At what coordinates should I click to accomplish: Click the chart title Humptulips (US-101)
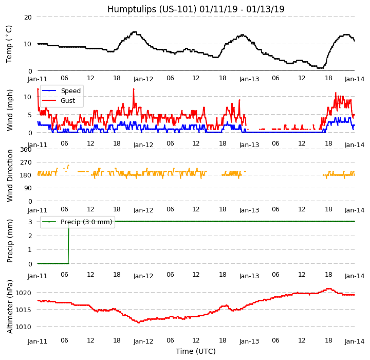196,9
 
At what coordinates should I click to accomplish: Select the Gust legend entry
70,100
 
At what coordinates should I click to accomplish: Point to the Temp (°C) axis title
9,44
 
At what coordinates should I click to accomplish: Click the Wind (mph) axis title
10,110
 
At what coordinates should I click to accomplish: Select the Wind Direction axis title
10,175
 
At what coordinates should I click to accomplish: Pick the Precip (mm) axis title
10,240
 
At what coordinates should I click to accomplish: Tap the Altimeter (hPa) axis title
10,307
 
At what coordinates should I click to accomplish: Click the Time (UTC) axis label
196,352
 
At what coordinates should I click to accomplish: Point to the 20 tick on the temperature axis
28,17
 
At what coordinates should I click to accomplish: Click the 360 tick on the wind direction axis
26,150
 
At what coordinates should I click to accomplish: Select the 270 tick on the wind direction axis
26,163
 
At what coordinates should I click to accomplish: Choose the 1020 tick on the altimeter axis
24,293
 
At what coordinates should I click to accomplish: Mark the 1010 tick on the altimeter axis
24,327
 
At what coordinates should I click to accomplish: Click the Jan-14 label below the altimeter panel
355,341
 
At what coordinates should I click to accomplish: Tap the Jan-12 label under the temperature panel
143,79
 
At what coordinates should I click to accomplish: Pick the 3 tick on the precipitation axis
30,222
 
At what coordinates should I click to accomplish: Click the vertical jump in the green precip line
68,242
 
